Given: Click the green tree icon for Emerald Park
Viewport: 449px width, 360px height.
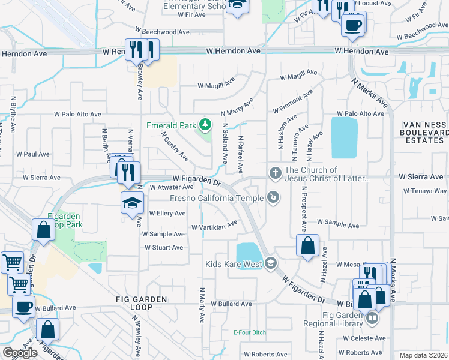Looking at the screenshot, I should [x=205, y=125].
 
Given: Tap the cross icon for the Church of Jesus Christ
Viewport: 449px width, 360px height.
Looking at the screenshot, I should [x=275, y=174].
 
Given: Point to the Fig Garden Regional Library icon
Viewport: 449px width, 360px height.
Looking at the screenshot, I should [x=372, y=318].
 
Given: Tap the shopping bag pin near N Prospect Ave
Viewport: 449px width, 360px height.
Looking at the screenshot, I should [x=307, y=245].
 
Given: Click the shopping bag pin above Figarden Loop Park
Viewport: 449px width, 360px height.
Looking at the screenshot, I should [x=44, y=229].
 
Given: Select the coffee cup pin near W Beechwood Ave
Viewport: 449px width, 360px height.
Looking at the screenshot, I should [x=352, y=26].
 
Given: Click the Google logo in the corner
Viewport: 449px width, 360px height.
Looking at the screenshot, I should [x=20, y=353].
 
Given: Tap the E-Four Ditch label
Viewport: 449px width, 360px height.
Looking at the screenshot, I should [x=249, y=332].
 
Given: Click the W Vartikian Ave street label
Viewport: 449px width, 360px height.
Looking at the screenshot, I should [x=214, y=227].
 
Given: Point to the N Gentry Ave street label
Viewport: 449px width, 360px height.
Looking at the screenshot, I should [x=175, y=146].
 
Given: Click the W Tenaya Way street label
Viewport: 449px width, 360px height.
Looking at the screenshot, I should [x=425, y=191].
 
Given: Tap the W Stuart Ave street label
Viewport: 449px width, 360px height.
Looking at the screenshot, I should [x=163, y=247].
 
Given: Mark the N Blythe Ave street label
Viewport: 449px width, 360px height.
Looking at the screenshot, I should [x=12, y=112].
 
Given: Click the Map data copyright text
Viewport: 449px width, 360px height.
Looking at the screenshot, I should [x=423, y=355].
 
